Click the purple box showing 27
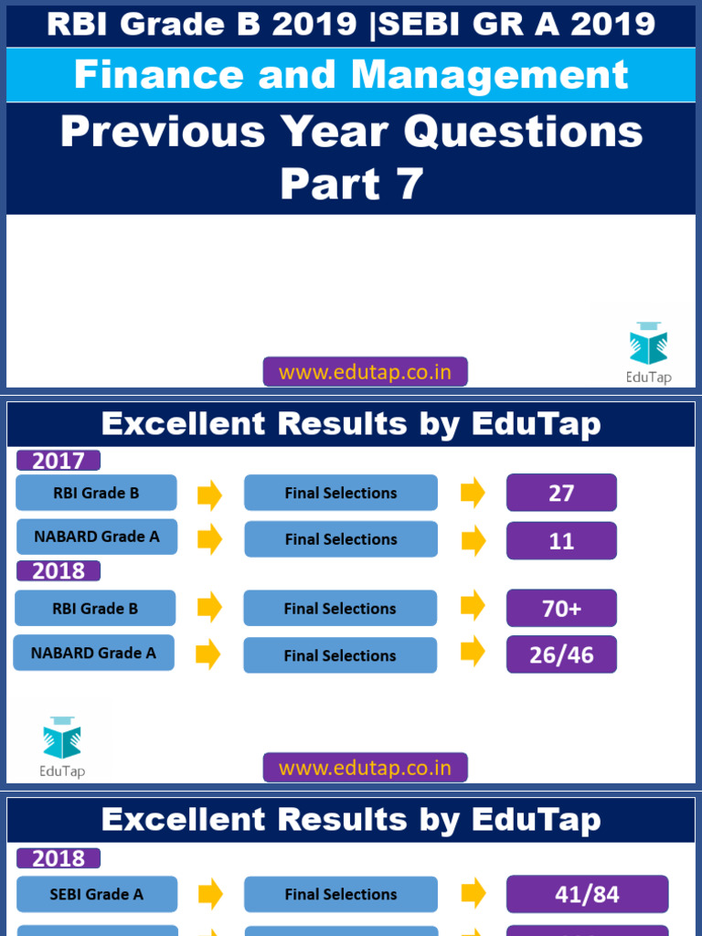click(561, 493)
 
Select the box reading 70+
click(561, 608)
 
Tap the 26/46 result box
click(561, 654)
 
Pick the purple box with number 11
click(561, 540)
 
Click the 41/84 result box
click(587, 894)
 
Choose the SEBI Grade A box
click(97, 894)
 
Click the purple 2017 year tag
click(58, 461)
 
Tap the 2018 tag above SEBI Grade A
click(58, 858)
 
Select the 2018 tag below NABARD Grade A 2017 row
click(58, 571)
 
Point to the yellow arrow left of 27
click(473, 493)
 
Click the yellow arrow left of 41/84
click(473, 894)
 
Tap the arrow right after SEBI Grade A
click(210, 894)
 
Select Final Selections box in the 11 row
click(341, 539)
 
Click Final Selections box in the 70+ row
click(340, 609)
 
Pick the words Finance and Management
click(351, 75)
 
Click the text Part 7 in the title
click(351, 184)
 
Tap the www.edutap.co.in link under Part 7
click(365, 372)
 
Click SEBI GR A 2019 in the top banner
click(516, 24)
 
